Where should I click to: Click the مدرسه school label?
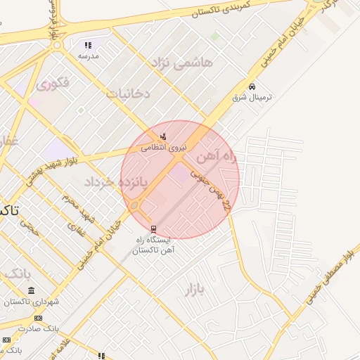(x=89, y=55)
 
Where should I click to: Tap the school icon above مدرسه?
(x=89, y=44)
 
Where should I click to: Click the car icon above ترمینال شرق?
(x=252, y=86)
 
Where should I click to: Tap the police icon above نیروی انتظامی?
(x=164, y=136)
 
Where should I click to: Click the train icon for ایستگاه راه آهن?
(x=154, y=229)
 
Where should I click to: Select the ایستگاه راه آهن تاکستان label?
(x=154, y=245)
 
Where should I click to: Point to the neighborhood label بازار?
(x=199, y=289)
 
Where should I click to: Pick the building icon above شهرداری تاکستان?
(x=31, y=290)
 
